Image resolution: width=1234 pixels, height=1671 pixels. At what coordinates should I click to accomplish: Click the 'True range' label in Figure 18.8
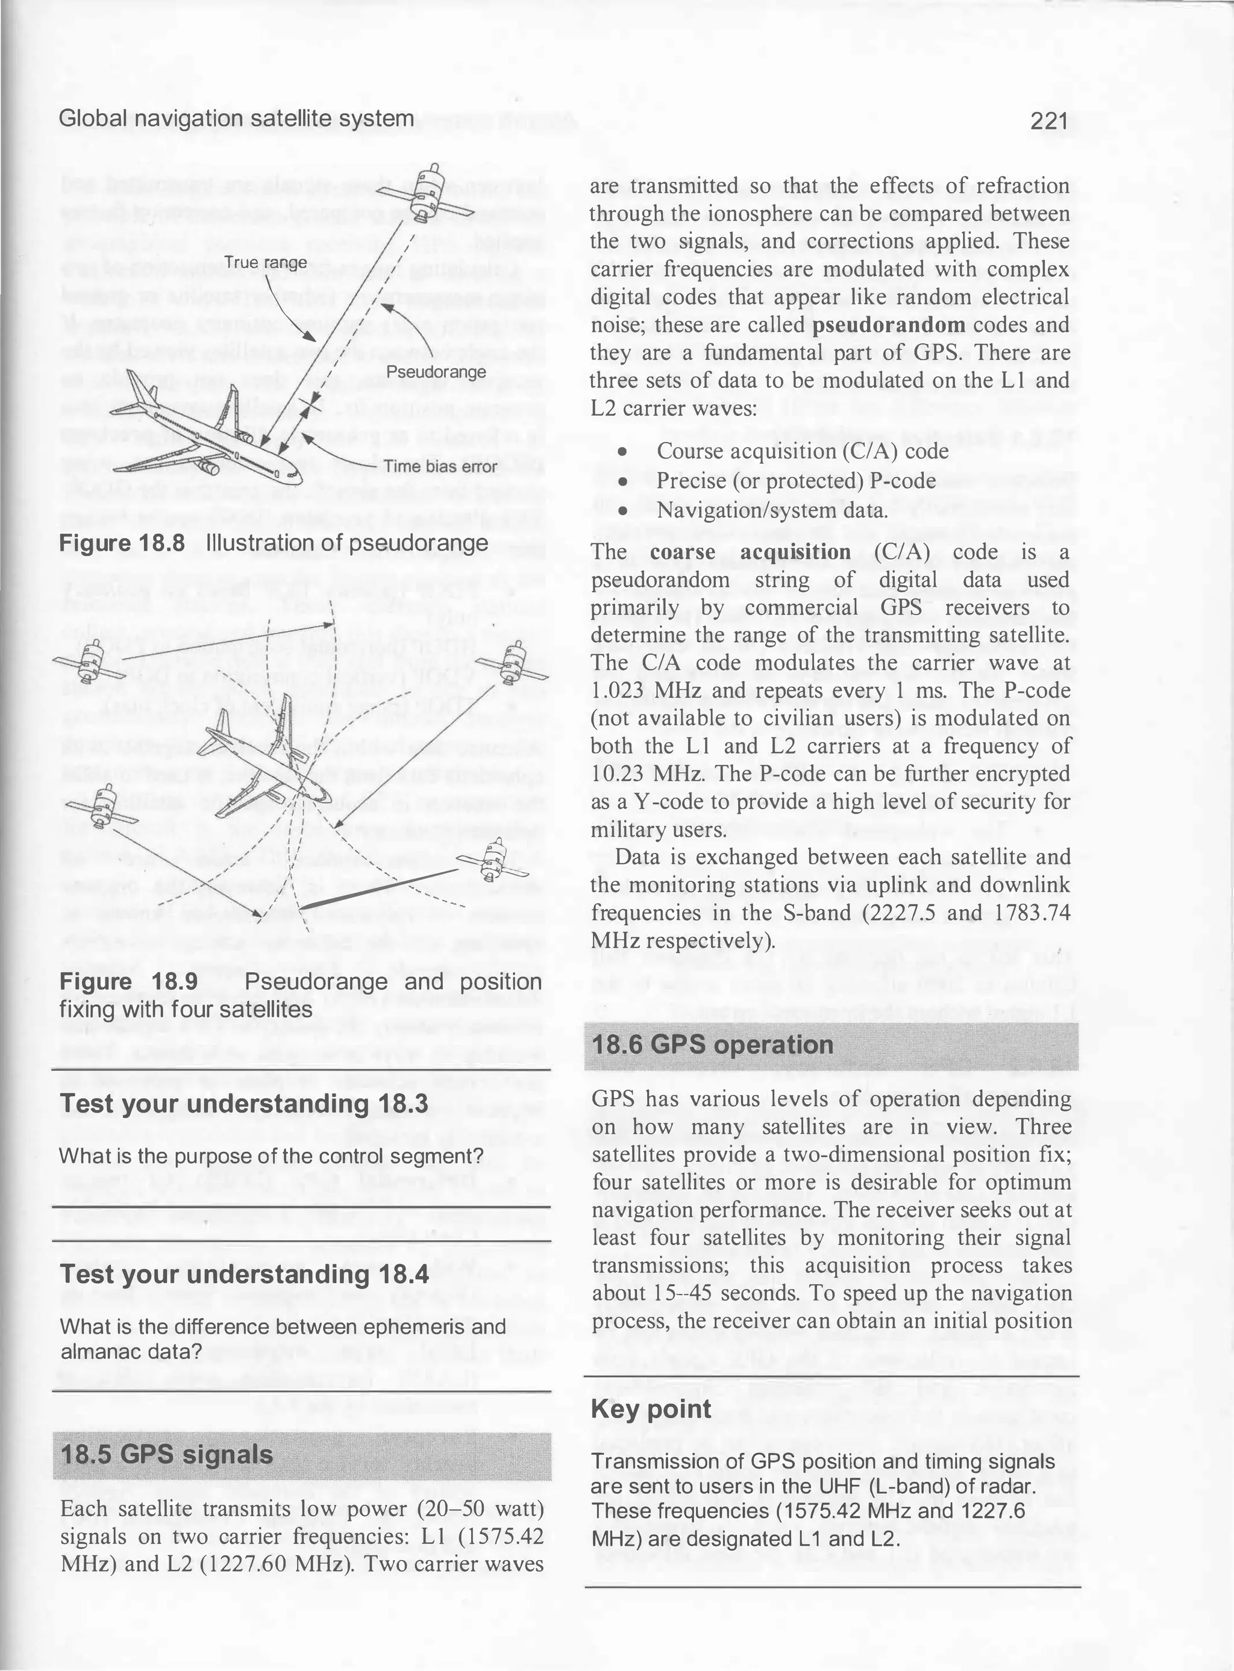click(x=265, y=263)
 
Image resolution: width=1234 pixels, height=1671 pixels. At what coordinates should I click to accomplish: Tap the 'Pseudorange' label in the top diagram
click(x=436, y=372)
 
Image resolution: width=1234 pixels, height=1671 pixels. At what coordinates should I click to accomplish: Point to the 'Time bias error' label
click(x=440, y=467)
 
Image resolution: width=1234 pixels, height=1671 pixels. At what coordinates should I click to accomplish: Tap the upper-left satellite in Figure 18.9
click(x=91, y=659)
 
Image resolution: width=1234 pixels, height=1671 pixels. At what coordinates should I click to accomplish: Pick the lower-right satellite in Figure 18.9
click(x=492, y=860)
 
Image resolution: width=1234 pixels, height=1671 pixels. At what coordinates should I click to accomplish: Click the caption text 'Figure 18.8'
click(x=122, y=543)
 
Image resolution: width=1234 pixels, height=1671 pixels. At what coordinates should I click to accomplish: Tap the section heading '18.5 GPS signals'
click(x=166, y=1455)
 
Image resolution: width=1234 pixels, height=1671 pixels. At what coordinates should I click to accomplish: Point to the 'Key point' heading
click(x=651, y=1409)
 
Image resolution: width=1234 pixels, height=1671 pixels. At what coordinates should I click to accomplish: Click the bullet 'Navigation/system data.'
click(x=772, y=511)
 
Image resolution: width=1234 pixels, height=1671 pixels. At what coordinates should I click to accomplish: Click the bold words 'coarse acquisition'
click(x=750, y=552)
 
